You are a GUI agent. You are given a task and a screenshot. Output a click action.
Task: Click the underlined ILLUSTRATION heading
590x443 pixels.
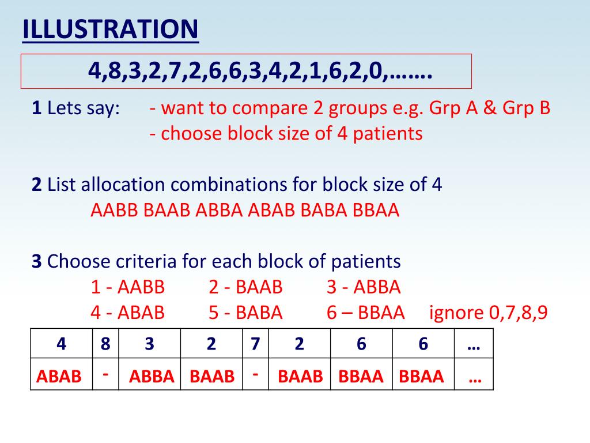click(110, 30)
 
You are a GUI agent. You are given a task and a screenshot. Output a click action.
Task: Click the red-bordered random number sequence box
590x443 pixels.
click(246, 72)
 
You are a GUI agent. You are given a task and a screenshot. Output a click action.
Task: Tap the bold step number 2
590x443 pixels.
click(37, 185)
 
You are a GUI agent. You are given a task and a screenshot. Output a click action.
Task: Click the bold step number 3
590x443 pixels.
click(37, 261)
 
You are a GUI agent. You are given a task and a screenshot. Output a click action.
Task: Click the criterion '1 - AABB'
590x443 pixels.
click(128, 287)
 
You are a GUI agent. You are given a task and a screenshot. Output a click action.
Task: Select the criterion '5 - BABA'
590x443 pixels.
click(246, 313)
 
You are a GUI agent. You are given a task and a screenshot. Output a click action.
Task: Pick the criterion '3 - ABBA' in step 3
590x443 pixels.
click(364, 287)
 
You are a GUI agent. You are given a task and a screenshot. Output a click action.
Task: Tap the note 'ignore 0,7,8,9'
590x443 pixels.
click(489, 313)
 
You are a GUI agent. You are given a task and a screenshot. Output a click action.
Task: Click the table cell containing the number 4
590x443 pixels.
click(61, 344)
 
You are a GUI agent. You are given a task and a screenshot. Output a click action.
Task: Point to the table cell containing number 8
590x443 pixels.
click(105, 344)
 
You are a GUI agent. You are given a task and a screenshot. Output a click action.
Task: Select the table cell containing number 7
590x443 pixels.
click(255, 344)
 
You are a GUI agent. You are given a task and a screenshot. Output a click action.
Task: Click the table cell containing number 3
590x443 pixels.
click(150, 344)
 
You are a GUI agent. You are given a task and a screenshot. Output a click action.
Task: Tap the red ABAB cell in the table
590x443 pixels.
click(59, 376)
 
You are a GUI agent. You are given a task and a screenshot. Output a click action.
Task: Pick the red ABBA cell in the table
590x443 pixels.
click(151, 376)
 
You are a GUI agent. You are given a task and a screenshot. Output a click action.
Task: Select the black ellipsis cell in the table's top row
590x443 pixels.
click(474, 344)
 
